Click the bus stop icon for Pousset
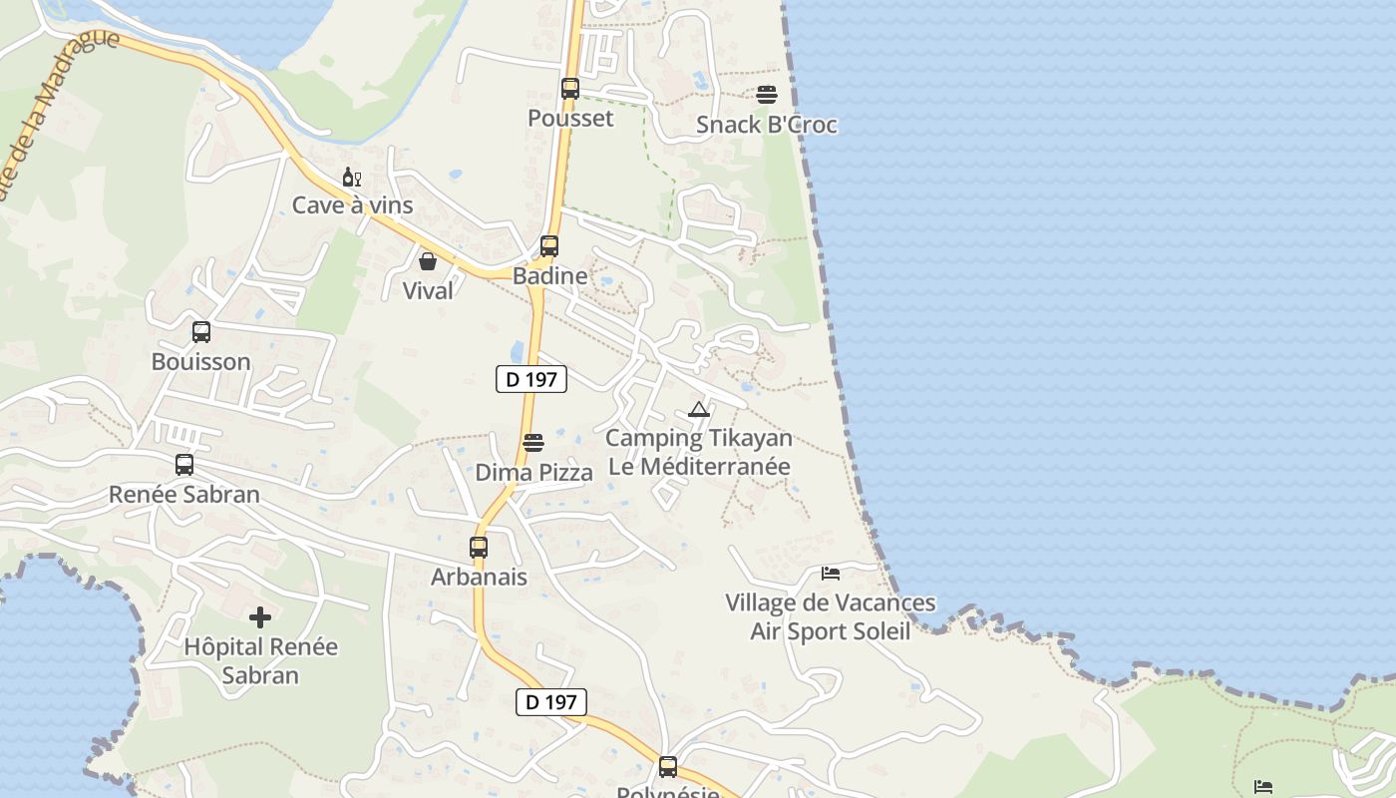[x=570, y=88]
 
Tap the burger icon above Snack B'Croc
[x=767, y=95]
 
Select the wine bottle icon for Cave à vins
[x=351, y=178]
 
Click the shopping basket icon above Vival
[x=428, y=261]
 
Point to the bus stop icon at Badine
[x=549, y=245]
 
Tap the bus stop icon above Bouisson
[x=201, y=331]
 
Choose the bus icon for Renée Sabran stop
[x=184, y=464]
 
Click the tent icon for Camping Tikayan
[x=698, y=409]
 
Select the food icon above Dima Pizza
[x=533, y=442]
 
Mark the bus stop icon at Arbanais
[x=479, y=547]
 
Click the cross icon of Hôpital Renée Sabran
[x=260, y=617]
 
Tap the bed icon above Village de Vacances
[x=831, y=574]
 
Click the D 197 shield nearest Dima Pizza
[x=531, y=379]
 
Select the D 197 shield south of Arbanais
[x=551, y=701]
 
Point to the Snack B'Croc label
[x=767, y=125]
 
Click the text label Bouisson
[x=201, y=361]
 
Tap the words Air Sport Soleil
[x=831, y=631]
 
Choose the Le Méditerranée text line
[x=699, y=466]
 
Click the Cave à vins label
[x=352, y=205]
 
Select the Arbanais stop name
[x=479, y=577]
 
